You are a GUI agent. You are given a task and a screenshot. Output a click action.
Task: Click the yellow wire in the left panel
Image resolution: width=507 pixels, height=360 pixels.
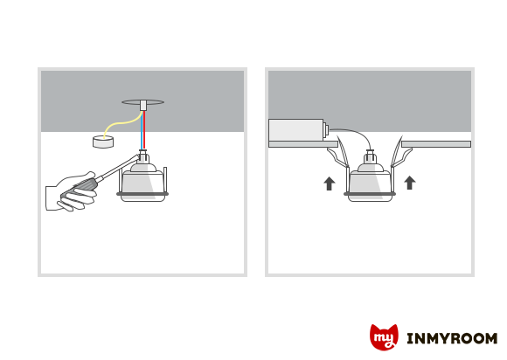point(121,123)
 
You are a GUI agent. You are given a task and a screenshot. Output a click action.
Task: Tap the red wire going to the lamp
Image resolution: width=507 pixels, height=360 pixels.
point(144,130)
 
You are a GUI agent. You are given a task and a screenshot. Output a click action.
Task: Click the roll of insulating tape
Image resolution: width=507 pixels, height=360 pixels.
point(103,142)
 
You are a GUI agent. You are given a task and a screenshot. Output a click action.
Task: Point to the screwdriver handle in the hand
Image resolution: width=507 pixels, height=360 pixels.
point(81,187)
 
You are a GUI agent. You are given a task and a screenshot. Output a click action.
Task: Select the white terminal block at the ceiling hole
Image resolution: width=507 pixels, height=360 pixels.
point(143,106)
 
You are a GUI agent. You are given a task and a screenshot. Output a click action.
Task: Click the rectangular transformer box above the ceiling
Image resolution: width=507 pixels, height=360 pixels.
point(296,130)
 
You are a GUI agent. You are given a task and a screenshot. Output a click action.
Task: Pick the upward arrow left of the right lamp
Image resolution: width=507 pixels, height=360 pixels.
point(330,183)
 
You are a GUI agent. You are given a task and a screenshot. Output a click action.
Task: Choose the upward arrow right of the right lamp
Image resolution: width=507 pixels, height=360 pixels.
point(410,183)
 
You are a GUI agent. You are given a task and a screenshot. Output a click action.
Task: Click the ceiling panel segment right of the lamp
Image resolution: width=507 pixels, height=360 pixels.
point(436,144)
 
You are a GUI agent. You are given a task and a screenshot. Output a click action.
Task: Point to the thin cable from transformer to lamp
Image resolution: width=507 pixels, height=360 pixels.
point(356,132)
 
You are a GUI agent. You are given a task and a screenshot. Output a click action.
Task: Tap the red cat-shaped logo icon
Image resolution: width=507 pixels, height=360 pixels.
point(384,337)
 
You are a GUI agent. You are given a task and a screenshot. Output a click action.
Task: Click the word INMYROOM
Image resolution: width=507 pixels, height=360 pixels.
point(452,339)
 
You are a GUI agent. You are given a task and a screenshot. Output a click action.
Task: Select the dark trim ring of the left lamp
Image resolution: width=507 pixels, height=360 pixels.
point(142,194)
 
